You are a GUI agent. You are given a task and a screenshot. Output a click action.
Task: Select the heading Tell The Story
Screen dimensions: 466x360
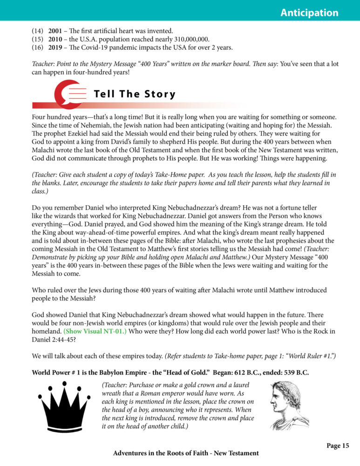coord(135,94)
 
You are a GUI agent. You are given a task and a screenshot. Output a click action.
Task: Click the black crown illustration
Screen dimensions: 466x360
coord(66,410)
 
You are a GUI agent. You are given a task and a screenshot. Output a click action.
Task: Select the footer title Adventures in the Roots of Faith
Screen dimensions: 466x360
coord(186,453)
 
